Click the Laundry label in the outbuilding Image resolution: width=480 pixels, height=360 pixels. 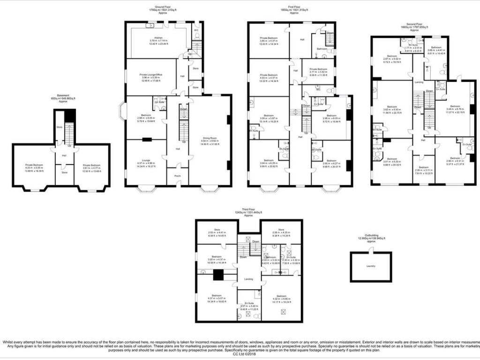pyautogui.click(x=370, y=266)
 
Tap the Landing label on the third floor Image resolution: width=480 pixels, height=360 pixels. pyautogui.click(x=248, y=279)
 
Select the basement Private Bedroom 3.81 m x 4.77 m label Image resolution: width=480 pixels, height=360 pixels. pyautogui.click(x=91, y=165)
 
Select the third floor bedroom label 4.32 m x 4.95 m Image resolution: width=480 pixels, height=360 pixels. pyautogui.click(x=281, y=296)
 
